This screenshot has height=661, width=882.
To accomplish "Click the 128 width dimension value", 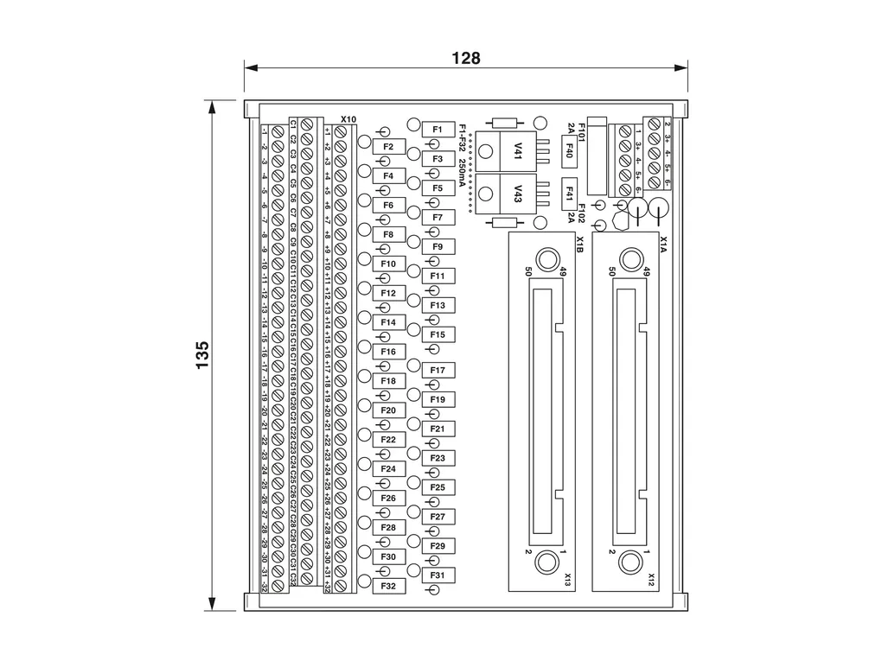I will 465,58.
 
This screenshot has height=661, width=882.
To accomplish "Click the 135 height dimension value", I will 202,355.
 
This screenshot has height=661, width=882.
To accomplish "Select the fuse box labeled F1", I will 438,130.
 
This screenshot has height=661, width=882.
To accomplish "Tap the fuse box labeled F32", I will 388,586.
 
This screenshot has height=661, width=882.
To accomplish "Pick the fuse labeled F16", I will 388,352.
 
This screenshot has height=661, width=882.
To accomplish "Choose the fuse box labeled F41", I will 569,192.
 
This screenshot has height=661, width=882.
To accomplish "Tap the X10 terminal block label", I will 348,119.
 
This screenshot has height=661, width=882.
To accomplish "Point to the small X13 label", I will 568,580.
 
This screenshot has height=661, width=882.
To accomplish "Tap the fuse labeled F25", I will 438,488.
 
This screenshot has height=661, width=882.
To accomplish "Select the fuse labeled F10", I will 388,264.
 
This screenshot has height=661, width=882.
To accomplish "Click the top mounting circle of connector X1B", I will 546,259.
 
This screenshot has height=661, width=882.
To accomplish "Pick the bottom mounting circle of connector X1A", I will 631,562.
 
